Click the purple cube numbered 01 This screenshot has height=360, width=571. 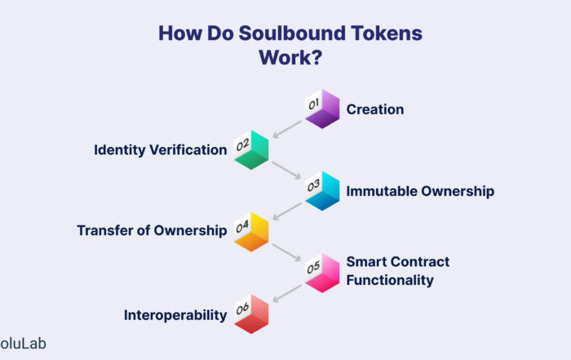pyautogui.click(x=322, y=109)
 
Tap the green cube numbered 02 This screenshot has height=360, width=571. pyautogui.click(x=251, y=149)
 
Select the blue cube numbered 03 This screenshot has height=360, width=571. pyautogui.click(x=322, y=191)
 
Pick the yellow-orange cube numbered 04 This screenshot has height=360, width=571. pyautogui.click(x=251, y=232)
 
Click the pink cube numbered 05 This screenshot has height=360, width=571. pyautogui.click(x=322, y=273)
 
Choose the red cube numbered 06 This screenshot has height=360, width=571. pyautogui.click(x=251, y=313)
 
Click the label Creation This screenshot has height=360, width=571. pyautogui.click(x=375, y=109)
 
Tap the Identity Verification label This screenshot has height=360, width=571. pyautogui.click(x=161, y=149)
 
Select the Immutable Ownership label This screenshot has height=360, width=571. pyautogui.click(x=420, y=191)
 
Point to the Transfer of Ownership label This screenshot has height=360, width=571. pyautogui.click(x=152, y=230)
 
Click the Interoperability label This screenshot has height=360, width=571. pyautogui.click(x=175, y=315)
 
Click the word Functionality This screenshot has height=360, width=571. pyautogui.click(x=390, y=280)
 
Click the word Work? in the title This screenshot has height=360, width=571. pyautogui.click(x=290, y=58)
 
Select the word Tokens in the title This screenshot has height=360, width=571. pyautogui.click(x=387, y=33)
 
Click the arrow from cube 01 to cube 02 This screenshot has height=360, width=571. pyautogui.click(x=287, y=129)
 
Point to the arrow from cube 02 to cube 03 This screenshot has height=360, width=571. pyautogui.click(x=286, y=171)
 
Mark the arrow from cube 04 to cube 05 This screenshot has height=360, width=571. pyautogui.click(x=286, y=252)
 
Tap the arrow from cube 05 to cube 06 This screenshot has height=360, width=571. pyautogui.click(x=287, y=294)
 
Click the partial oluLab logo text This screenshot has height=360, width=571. pyautogui.click(x=23, y=344)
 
